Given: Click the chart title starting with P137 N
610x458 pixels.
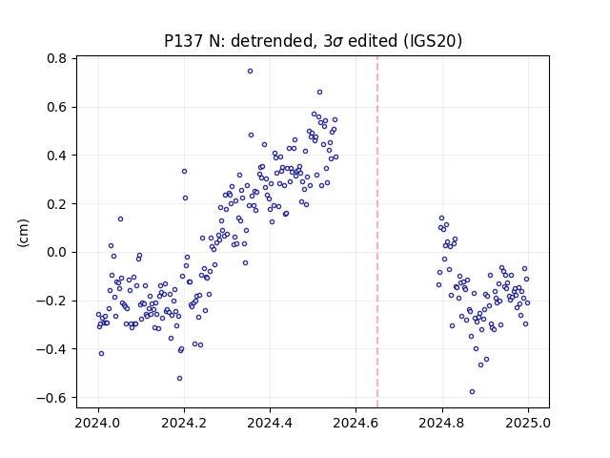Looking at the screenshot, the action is pyautogui.click(x=314, y=41).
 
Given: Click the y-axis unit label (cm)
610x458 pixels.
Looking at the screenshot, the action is pyautogui.click(x=23, y=233).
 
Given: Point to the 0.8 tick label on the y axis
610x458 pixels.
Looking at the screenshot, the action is pyautogui.click(x=57, y=58).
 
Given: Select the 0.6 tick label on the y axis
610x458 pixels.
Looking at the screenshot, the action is pyautogui.click(x=57, y=107).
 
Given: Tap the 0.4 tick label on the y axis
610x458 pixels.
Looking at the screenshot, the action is pyautogui.click(x=57, y=156).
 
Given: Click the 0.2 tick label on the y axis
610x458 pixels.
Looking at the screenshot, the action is pyautogui.click(x=57, y=203).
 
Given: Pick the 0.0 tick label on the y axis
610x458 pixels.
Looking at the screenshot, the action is pyautogui.click(x=57, y=252).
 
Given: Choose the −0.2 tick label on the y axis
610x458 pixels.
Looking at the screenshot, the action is pyautogui.click(x=51, y=301).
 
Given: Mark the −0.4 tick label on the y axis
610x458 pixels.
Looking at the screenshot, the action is pyautogui.click(x=51, y=349).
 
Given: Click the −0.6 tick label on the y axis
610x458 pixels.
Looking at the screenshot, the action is pyautogui.click(x=51, y=398).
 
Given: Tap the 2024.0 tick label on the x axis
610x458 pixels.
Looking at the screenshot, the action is pyautogui.click(x=98, y=423).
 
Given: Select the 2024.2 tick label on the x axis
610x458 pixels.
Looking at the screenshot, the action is pyautogui.click(x=184, y=423).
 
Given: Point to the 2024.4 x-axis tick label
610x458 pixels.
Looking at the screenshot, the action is pyautogui.click(x=270, y=423).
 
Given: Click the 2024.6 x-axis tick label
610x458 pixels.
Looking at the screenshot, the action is pyautogui.click(x=356, y=423).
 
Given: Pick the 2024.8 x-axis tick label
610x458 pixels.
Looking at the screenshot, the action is pyautogui.click(x=442, y=423).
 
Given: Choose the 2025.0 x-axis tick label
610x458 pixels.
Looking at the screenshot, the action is pyautogui.click(x=528, y=423).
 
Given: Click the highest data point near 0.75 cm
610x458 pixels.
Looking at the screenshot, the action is pyautogui.click(x=250, y=71).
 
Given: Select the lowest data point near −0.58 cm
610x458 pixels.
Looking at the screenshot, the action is pyautogui.click(x=473, y=391).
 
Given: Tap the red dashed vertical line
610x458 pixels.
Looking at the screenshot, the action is pyautogui.click(x=377, y=232).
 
